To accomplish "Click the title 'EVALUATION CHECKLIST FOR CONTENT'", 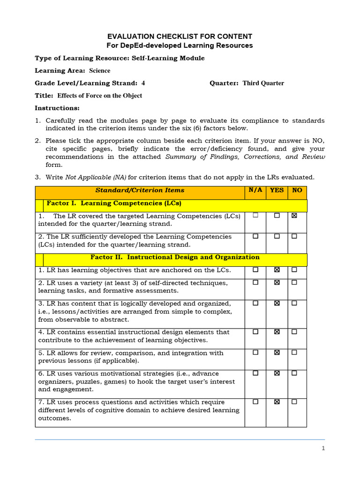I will (x=180, y=36).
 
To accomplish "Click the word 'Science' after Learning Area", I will (x=100, y=71).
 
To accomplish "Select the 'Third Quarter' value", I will (x=263, y=83).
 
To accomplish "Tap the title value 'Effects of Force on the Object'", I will (x=99, y=96).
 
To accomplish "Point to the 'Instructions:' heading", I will (x=57, y=108).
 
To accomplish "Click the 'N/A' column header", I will (x=255, y=190).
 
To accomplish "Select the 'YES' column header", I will (x=277, y=190).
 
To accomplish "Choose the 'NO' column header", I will (x=297, y=190).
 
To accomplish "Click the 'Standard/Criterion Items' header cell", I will (x=140, y=190).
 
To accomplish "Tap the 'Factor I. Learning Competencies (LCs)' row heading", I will (x=114, y=203).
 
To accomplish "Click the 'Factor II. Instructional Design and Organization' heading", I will (x=175, y=257).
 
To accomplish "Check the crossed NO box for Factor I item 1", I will (x=294, y=216).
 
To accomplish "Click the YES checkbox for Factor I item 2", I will (x=277, y=236).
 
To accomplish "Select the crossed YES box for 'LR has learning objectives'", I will (x=277, y=270).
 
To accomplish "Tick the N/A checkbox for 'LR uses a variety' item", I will (x=255, y=283).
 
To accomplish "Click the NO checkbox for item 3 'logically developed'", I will (x=294, y=303).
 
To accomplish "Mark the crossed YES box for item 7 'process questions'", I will (x=277, y=402).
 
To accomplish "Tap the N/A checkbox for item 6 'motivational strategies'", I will (x=255, y=373).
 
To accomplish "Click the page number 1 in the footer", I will (x=323, y=448).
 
